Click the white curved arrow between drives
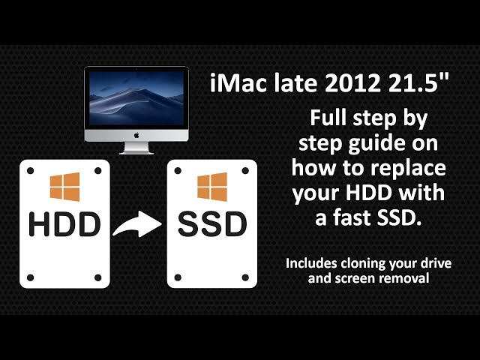point(137,223)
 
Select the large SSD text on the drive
point(212,223)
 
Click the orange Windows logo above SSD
point(212,187)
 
